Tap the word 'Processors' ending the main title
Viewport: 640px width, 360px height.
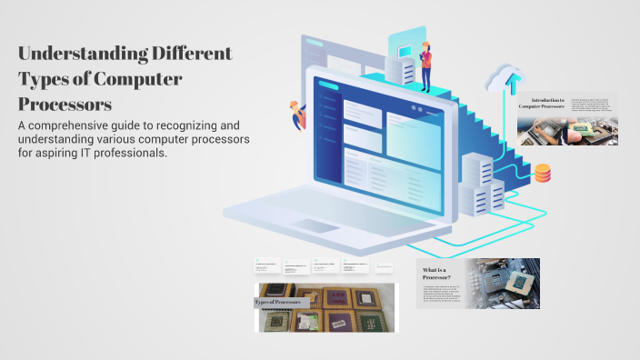pos(65,103)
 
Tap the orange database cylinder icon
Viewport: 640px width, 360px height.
pos(543,173)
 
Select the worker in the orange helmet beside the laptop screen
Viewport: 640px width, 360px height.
pos(295,116)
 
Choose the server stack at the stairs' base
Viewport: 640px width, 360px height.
pos(482,182)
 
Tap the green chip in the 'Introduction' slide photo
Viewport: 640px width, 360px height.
pos(578,133)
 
